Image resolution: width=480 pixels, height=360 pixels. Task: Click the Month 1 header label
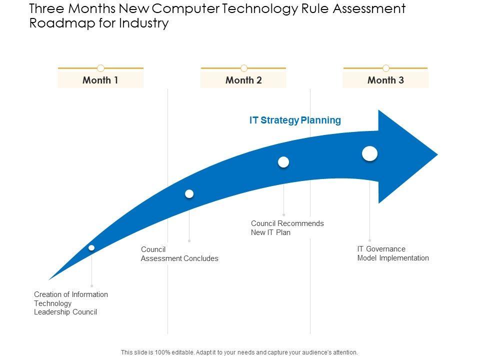click(x=100, y=80)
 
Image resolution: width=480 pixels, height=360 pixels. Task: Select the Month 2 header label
click(x=243, y=80)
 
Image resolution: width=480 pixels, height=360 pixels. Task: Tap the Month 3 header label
click(x=385, y=80)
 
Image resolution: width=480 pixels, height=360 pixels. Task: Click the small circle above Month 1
click(x=100, y=68)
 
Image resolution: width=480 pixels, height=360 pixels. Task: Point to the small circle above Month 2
click(x=244, y=68)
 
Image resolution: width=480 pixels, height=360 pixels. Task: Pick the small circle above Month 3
click(x=386, y=68)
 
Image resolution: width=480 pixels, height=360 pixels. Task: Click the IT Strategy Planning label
click(x=295, y=120)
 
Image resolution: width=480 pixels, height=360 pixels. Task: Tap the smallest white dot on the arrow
click(x=91, y=248)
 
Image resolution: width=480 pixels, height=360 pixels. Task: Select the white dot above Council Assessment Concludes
click(x=189, y=193)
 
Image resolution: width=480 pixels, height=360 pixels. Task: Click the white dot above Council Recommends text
click(x=283, y=162)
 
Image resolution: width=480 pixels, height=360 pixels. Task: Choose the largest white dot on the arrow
click(x=369, y=153)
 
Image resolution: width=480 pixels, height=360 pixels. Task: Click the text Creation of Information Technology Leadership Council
click(x=71, y=303)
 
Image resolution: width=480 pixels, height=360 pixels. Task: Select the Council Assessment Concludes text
click(x=179, y=254)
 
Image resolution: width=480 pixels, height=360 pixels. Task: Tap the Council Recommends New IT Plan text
click(x=287, y=228)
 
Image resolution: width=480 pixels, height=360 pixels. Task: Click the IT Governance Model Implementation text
click(x=393, y=253)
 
